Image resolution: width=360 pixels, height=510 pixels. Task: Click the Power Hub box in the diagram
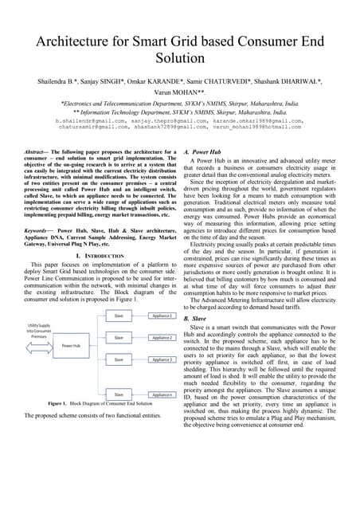71,367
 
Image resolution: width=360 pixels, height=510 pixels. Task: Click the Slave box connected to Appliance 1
119,338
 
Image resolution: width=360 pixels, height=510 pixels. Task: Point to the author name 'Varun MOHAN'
180,92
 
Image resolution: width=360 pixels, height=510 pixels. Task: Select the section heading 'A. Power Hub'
209,151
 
